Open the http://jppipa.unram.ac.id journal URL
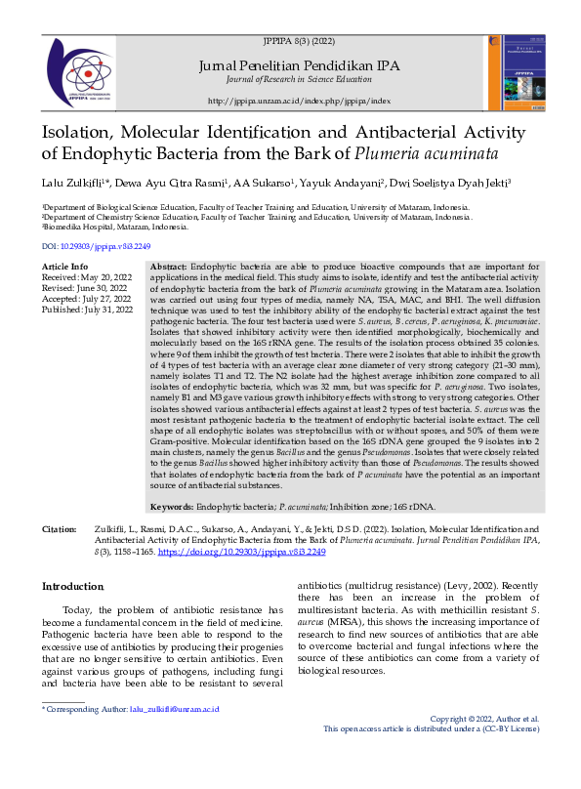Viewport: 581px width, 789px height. tap(299, 101)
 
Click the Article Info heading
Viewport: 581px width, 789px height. tap(64, 267)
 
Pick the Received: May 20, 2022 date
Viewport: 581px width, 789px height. tap(87, 277)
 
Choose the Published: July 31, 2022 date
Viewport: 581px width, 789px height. tap(87, 310)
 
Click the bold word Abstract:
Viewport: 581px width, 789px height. tap(169, 267)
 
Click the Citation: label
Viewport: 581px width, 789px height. tap(59, 528)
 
